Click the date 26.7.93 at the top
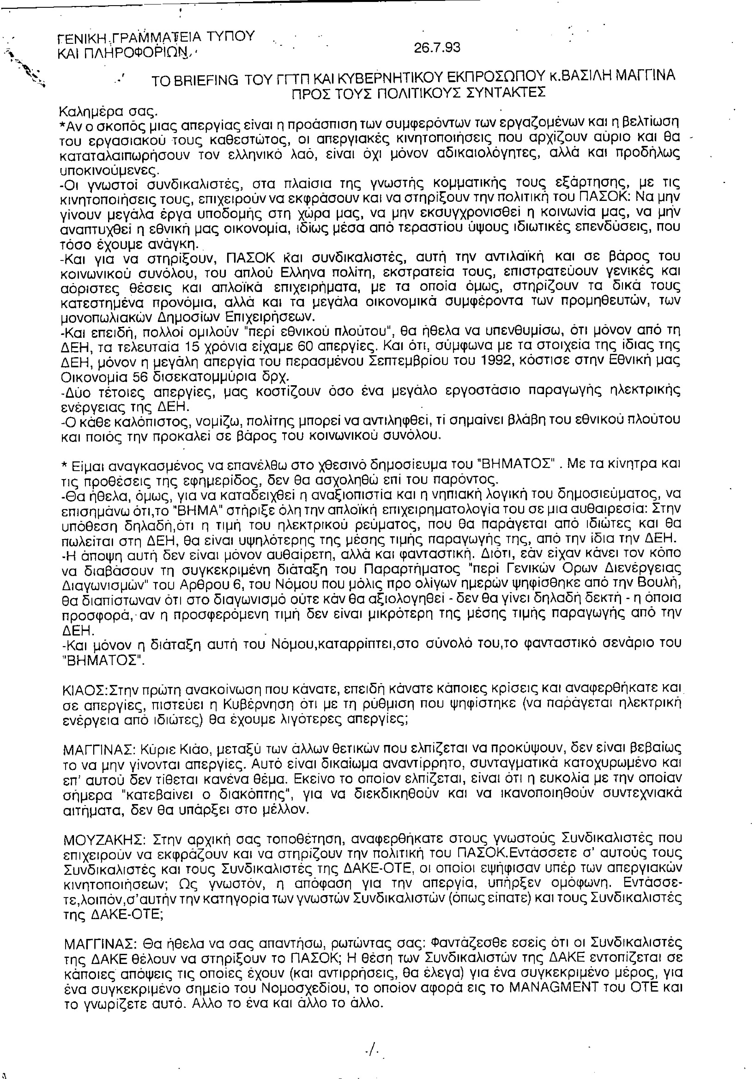[x=437, y=48]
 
